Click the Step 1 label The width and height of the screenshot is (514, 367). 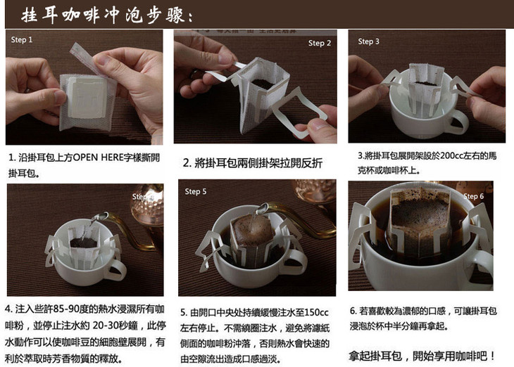point(22,39)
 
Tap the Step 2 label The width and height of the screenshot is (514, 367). point(319,43)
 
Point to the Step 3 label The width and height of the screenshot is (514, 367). point(368,41)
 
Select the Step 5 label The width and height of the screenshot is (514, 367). point(195,191)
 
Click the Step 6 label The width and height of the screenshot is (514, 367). point(473,196)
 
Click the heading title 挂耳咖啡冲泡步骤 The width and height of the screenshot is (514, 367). point(107,15)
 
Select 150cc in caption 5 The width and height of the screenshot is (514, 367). point(316,313)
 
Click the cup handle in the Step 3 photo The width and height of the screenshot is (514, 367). point(458,122)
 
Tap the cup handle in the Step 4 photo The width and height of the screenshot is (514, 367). point(116,270)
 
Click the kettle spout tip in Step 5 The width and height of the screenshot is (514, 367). point(262,208)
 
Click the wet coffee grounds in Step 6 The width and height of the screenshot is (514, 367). point(420,213)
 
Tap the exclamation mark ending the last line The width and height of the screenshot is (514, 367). point(492,356)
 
